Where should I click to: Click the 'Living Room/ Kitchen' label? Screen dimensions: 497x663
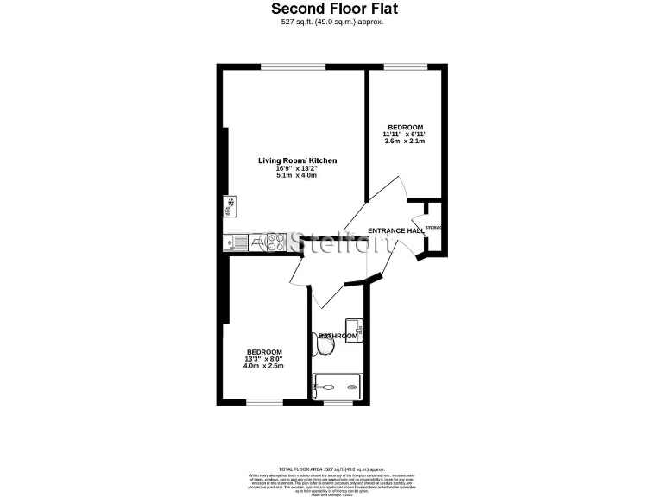point(297,161)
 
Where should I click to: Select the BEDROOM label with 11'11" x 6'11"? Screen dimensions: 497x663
point(405,127)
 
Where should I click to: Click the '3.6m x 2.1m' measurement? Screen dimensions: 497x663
point(405,142)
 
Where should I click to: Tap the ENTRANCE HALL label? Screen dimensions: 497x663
point(396,231)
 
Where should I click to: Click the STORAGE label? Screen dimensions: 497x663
point(433,228)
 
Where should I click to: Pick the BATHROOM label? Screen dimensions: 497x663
point(338,336)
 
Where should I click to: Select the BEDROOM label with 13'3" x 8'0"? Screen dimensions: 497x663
point(264,351)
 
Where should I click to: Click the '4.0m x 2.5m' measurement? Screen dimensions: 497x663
point(264,366)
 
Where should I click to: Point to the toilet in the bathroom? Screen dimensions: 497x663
point(325,346)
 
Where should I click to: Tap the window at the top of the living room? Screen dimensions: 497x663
point(293,66)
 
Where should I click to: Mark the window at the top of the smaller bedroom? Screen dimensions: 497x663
point(404,66)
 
